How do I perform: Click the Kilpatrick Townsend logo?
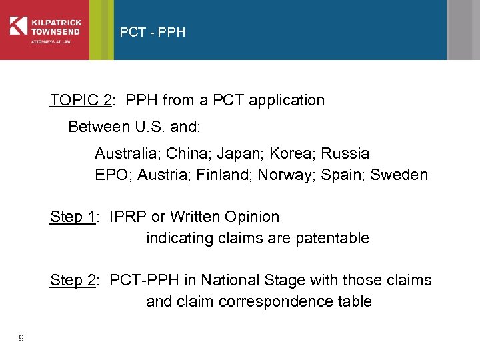45,29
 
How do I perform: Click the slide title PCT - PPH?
152,32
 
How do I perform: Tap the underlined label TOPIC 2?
80,101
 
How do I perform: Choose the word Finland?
218,175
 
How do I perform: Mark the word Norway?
281,175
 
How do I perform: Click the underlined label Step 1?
72,217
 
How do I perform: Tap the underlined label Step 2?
72,281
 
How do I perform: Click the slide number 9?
21,339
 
